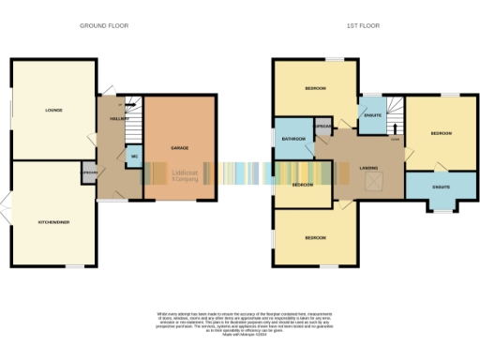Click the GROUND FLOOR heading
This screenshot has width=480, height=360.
tap(104, 26)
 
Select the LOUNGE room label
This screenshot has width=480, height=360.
tap(52, 110)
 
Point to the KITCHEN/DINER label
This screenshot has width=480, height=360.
tap(52, 221)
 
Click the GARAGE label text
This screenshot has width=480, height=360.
tap(180, 148)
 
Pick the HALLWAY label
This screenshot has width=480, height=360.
tap(119, 119)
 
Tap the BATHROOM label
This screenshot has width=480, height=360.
tap(294, 139)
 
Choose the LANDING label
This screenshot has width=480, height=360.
tap(368, 169)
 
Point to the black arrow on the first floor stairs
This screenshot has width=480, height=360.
tap(395, 128)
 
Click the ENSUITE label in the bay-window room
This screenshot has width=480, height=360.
tap(440, 187)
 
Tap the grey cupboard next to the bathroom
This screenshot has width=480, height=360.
tap(323, 126)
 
